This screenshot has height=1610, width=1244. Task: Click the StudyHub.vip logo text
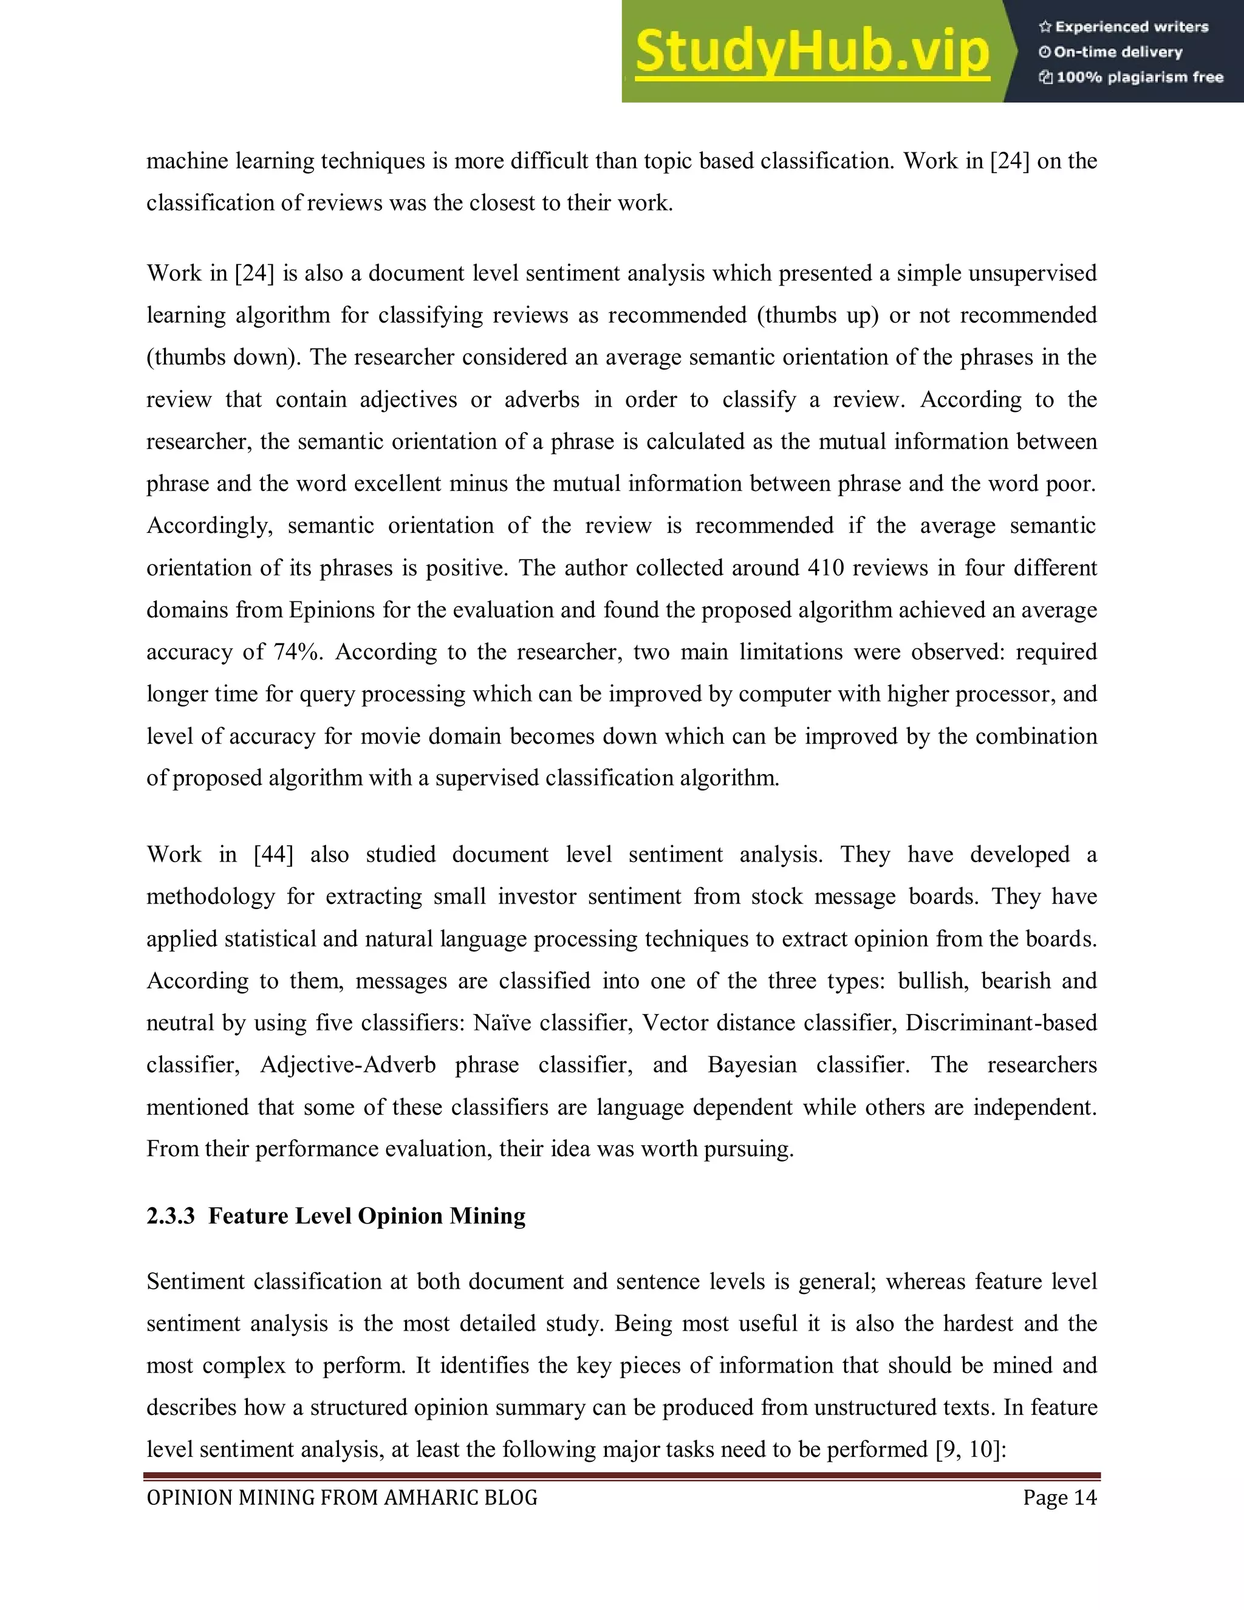pos(812,52)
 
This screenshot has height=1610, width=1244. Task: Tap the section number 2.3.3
pos(170,1216)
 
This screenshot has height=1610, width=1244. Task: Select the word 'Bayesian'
pos(752,1065)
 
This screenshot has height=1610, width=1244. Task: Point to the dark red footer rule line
pos(621,1476)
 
